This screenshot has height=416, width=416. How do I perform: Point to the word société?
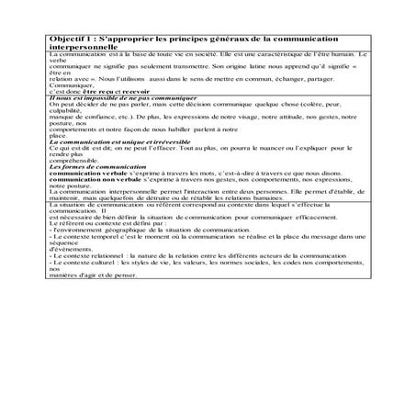(x=174, y=56)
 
